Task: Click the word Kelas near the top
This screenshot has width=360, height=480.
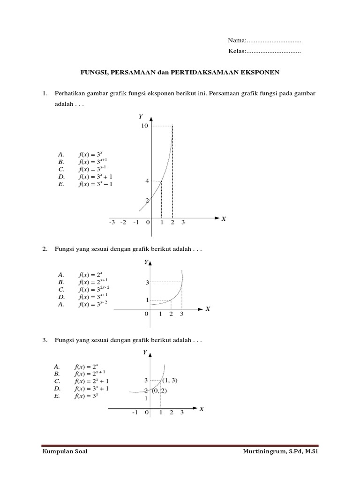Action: coord(236,51)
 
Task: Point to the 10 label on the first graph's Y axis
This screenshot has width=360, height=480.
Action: coord(144,126)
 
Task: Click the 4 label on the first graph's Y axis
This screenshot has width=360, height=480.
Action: coord(147,181)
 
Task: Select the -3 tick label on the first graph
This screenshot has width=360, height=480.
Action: coord(112,222)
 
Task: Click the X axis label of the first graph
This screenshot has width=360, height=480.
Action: coord(224,219)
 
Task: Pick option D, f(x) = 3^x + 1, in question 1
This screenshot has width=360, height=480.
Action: coord(96,177)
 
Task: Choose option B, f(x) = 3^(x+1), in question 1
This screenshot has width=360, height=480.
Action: coord(96,162)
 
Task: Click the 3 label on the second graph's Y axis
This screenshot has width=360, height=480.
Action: coord(147,283)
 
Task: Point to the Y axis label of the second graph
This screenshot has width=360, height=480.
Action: coord(146,262)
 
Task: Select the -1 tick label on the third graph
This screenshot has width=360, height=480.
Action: coord(135,412)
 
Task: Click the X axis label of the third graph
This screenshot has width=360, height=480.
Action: coord(202,409)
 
